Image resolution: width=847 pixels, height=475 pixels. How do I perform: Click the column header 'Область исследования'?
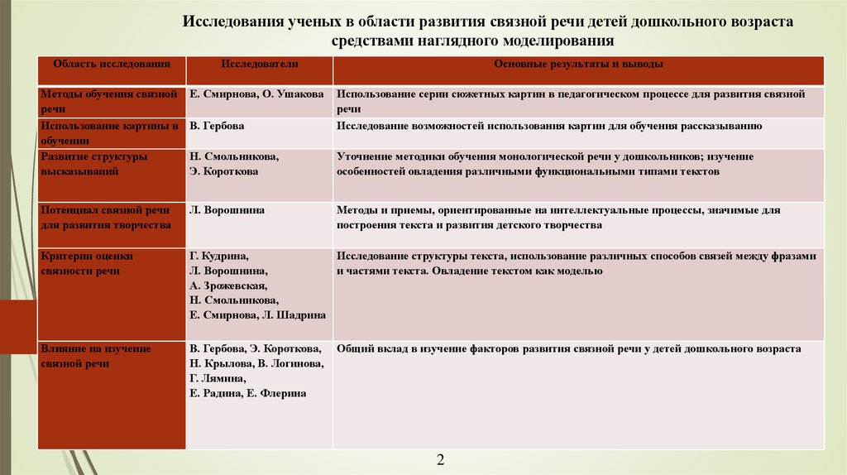click(112, 64)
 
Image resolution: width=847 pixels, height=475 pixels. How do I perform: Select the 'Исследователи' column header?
click(260, 64)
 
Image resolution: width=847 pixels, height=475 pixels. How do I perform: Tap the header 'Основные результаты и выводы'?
click(578, 64)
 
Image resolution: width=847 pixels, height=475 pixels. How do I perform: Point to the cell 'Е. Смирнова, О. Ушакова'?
click(256, 94)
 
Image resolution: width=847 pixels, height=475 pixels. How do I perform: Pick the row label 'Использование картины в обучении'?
click(109, 132)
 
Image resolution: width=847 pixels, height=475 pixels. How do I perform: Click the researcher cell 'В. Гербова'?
click(217, 126)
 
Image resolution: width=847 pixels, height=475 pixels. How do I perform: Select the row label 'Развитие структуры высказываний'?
click(94, 164)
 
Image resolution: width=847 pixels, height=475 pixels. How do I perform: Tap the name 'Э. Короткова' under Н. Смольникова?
click(224, 171)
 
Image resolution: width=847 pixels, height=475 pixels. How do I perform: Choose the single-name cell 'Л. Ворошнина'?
click(227, 210)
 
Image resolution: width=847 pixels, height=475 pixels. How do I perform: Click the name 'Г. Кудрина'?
click(219, 257)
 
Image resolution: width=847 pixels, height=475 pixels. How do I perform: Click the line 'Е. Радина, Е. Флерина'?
click(248, 393)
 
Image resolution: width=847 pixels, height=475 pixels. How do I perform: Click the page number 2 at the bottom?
click(440, 459)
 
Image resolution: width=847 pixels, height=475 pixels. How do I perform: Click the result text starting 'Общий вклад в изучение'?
click(568, 349)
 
